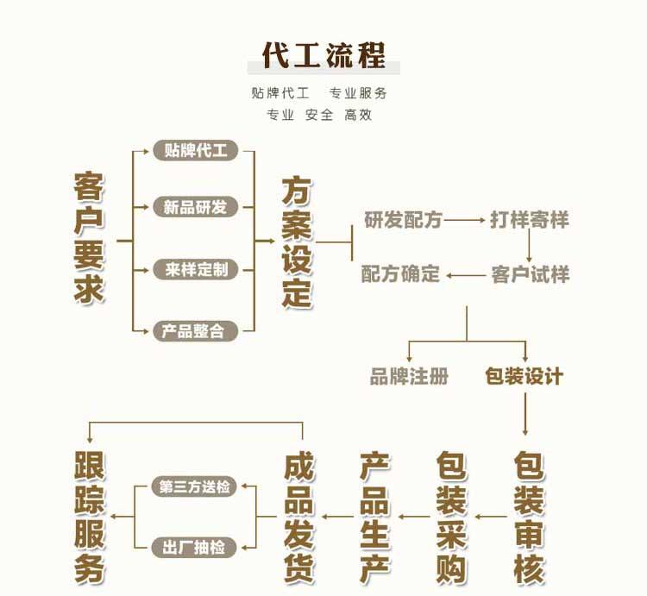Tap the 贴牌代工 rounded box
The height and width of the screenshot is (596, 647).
pos(195,151)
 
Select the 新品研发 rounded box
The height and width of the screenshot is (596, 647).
pos(195,207)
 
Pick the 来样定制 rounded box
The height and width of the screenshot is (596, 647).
pos(195,269)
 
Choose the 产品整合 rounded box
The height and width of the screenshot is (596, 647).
pos(195,330)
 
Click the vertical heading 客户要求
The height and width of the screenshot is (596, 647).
pos(89,239)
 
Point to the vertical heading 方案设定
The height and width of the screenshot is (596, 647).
pos(296,243)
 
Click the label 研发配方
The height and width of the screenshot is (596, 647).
pos(402,220)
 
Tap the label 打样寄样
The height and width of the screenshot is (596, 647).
pos(530,220)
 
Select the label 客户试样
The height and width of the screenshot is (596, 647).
pos(530,275)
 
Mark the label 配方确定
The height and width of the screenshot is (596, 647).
pos(400,275)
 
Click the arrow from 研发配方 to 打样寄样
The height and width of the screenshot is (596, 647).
pos(466,220)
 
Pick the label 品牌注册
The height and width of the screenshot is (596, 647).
pos(409,376)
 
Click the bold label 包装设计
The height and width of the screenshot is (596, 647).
pos(524,376)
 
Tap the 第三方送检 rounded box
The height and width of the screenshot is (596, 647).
pos(195,486)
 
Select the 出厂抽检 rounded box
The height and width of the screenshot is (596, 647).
pos(195,547)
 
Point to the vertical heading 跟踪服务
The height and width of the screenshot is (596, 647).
pos(89,517)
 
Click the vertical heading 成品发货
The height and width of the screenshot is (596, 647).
pos(299,517)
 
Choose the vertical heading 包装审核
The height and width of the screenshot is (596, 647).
pos(529,517)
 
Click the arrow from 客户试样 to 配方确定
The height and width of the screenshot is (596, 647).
pos(466,276)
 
